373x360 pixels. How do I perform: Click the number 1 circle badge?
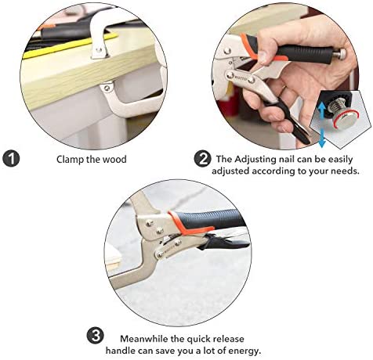click(11, 159)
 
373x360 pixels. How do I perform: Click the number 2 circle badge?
click(203, 159)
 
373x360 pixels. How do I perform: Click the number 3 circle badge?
click(95, 336)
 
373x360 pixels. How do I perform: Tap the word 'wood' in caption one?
click(114, 159)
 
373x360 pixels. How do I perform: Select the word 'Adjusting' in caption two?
click(255, 160)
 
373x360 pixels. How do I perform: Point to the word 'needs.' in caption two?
click(345, 171)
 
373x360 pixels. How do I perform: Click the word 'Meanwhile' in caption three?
click(144, 339)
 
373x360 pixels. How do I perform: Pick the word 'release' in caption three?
click(229, 339)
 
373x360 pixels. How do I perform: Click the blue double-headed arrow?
click(322, 124)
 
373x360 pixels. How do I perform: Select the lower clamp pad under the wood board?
click(107, 87)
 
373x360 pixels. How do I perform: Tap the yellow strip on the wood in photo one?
click(70, 46)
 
